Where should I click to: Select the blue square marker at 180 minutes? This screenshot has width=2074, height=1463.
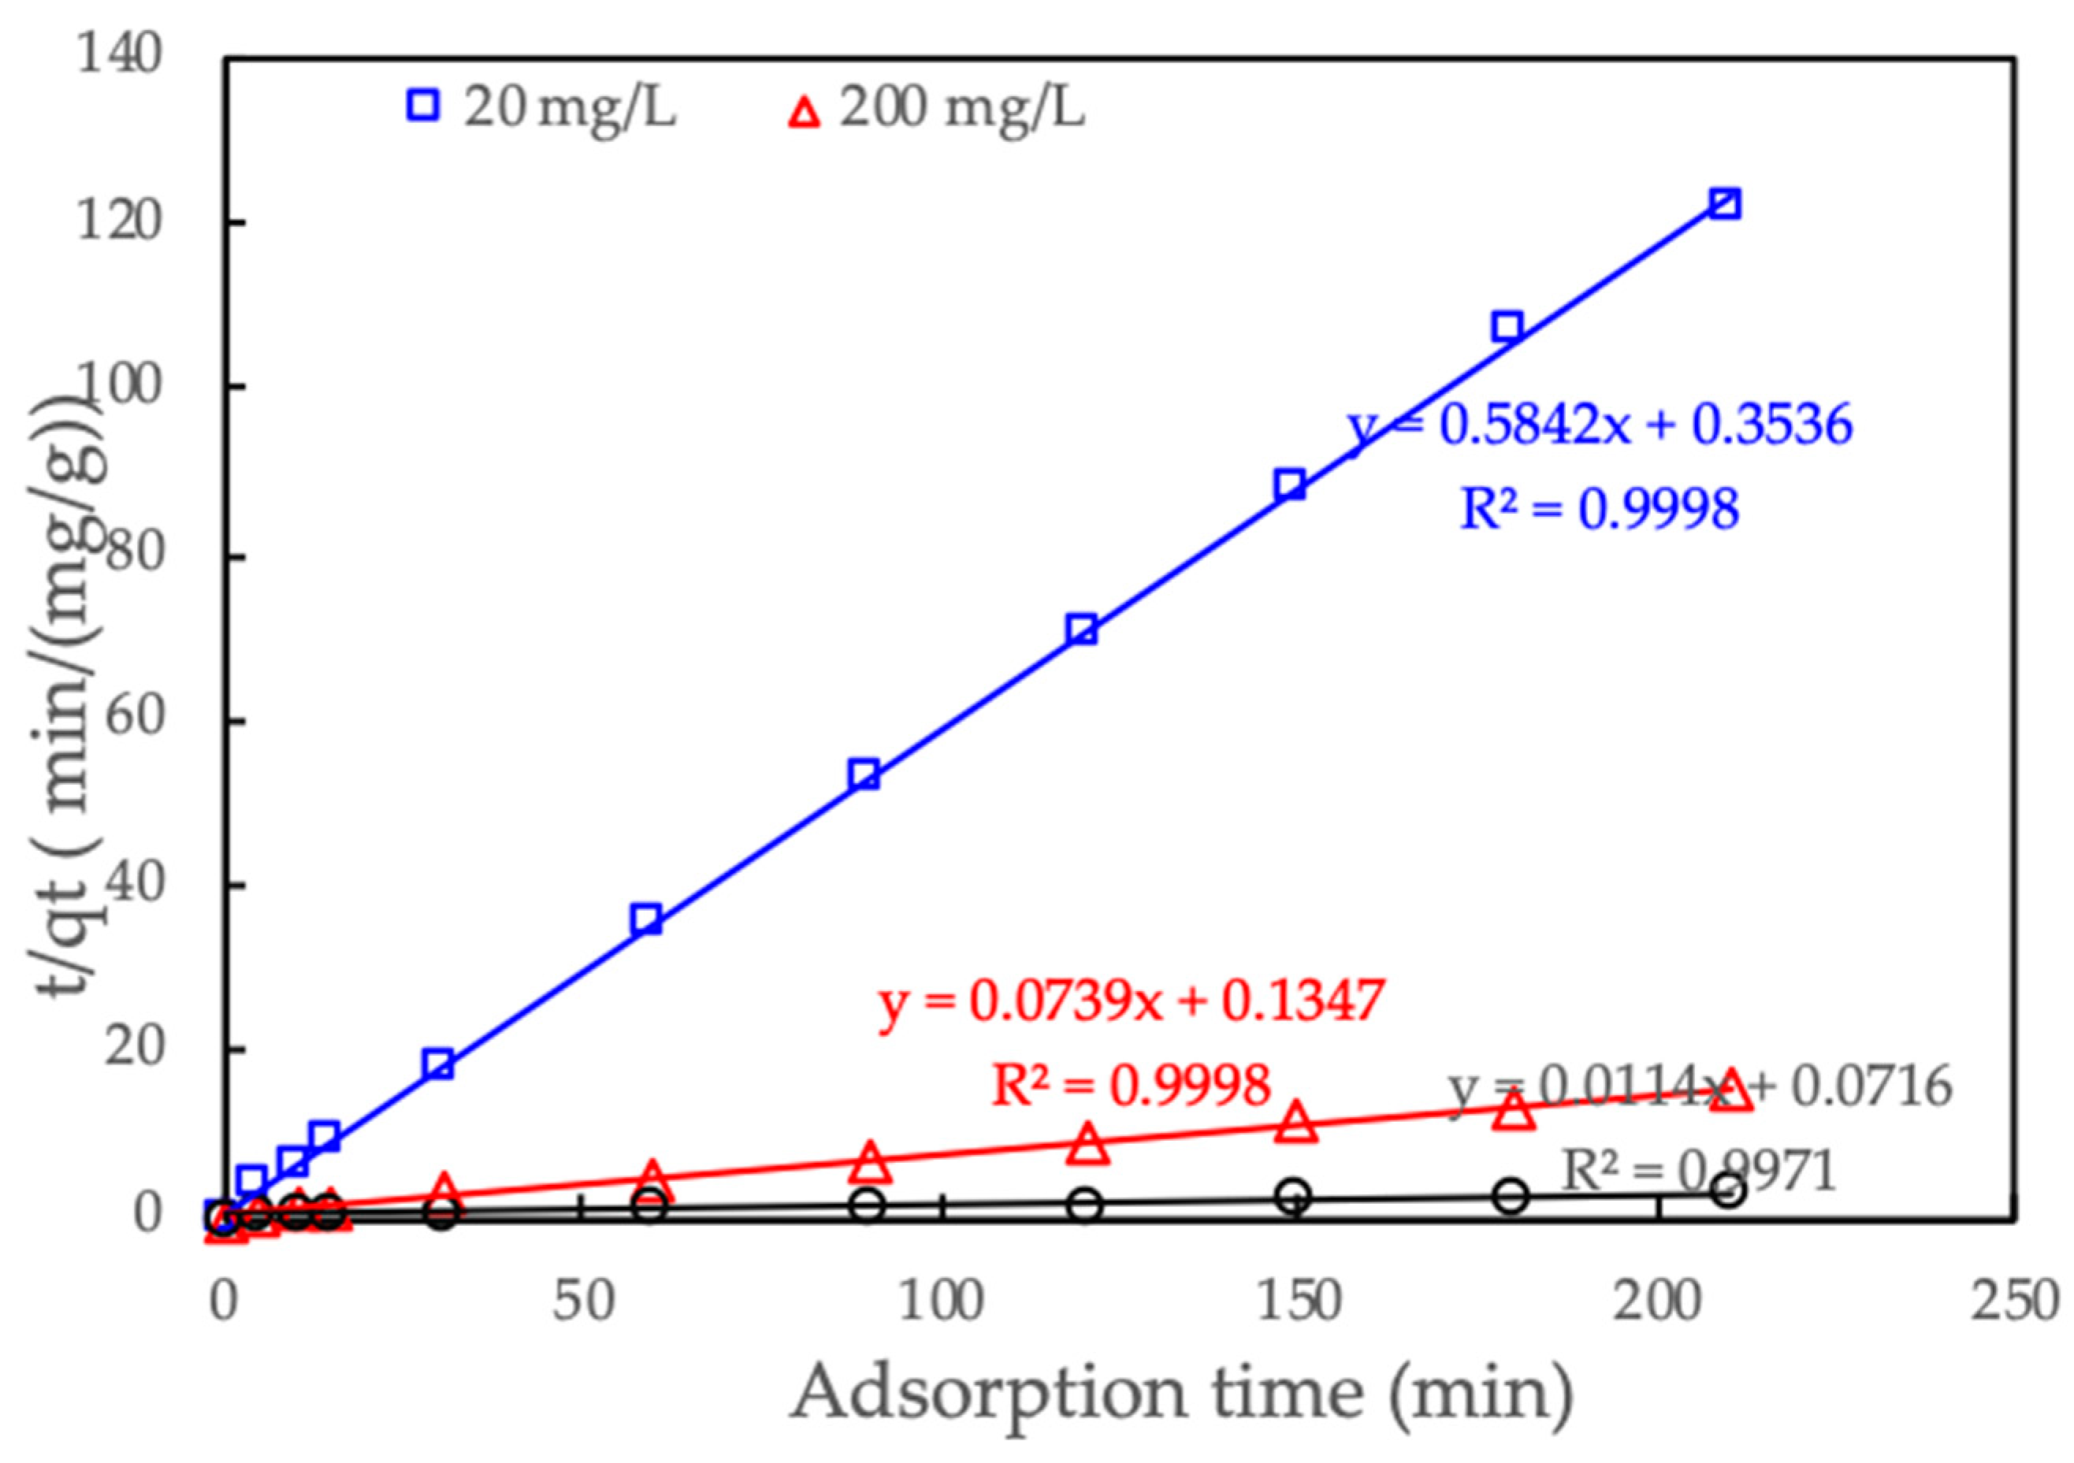click(1507, 327)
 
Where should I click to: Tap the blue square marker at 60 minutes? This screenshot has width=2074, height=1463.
click(647, 919)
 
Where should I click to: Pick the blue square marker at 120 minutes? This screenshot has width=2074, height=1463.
click(1081, 629)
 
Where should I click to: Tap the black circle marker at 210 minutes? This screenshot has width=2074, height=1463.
click(1727, 1191)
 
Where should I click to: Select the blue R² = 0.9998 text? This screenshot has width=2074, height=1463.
click(1600, 508)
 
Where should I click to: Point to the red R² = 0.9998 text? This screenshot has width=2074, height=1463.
click(1131, 1085)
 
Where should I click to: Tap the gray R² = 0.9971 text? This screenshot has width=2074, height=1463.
click(1698, 1172)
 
